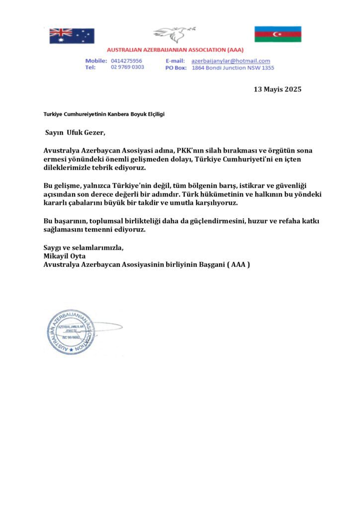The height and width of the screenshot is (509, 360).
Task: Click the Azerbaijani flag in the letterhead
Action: [278, 34]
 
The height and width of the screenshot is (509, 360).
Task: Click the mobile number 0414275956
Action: [126, 61]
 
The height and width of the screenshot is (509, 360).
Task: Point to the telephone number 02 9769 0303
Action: [127, 67]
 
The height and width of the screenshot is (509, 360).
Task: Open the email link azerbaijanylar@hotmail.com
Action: [231, 61]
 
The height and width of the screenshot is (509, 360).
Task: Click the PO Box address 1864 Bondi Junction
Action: [233, 68]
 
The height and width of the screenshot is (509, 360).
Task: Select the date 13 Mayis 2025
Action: [277, 89]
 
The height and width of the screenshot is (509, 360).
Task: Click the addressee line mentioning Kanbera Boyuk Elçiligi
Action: [104, 114]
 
